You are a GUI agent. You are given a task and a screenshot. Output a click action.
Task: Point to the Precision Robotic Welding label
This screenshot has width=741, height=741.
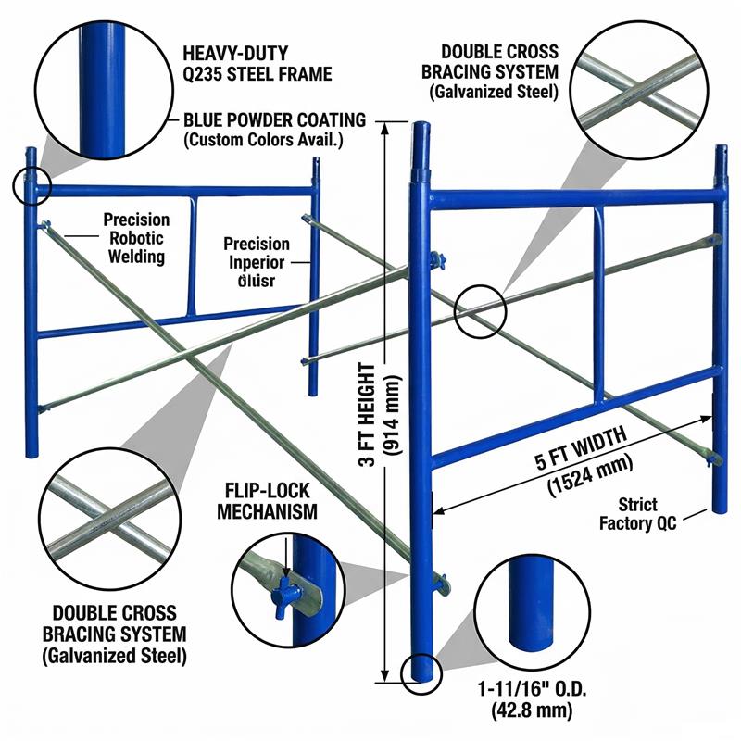[136, 238]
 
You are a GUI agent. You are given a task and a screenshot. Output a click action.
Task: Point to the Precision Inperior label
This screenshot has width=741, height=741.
[256, 260]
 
